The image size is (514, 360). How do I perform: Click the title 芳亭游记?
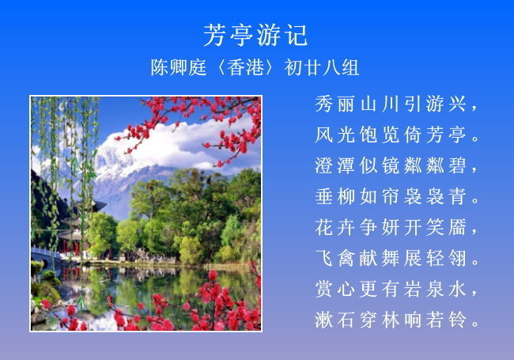pos(255,35)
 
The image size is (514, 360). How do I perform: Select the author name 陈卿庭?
pos(179,67)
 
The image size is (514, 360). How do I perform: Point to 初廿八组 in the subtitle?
pos(322,67)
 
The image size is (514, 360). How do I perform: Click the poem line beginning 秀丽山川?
pos(397,104)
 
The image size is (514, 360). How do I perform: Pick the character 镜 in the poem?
pos(391,165)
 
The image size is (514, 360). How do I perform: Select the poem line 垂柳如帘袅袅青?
pos(397,196)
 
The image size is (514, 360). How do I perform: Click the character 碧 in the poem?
pos(457,165)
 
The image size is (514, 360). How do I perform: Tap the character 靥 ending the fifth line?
pos(457,227)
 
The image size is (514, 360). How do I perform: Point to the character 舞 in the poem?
pos(391,258)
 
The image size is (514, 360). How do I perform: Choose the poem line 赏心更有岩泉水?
pos(397,289)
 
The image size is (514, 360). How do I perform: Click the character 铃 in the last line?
pos(457,320)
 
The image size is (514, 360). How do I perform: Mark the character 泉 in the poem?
pos(435,289)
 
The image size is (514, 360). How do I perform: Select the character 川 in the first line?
pos(391,104)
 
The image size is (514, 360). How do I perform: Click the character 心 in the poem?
pos(346,289)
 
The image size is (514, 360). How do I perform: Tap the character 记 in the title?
pos(297,35)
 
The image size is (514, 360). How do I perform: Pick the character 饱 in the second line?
pos(368,135)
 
